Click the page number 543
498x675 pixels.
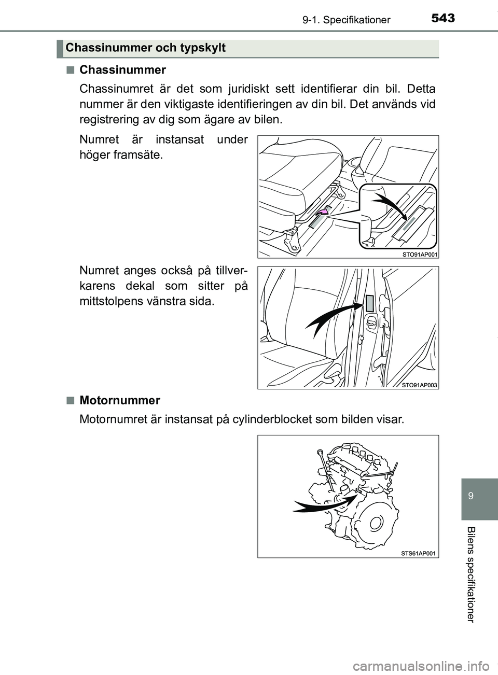[442, 18]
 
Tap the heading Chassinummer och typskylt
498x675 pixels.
[145, 48]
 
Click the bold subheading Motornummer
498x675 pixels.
[120, 400]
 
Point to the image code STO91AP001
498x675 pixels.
[420, 254]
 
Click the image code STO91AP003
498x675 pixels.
[420, 385]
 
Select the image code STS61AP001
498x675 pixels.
[419, 553]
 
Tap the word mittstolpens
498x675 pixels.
[112, 301]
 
